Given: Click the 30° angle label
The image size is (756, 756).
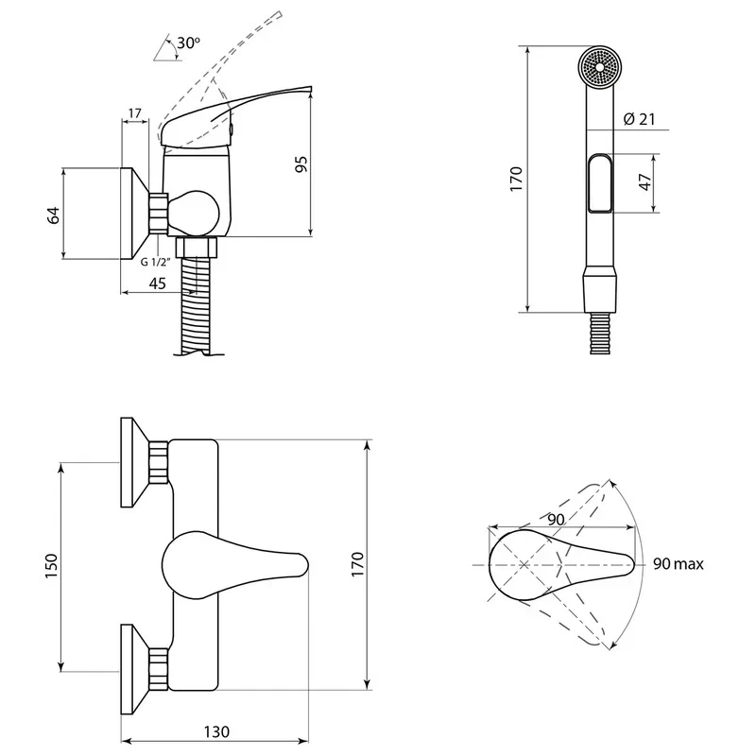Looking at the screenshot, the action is coord(188,43).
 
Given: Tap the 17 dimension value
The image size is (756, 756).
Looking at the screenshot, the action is coord(135,113).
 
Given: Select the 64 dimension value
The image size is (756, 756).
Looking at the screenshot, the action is coord(53,215).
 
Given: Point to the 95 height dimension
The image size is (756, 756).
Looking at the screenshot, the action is coord(301,164).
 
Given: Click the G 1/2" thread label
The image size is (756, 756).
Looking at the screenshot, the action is coord(156,263).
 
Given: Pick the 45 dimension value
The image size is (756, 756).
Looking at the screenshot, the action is coord(157,283).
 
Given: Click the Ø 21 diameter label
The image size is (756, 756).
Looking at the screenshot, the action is coord(640,119).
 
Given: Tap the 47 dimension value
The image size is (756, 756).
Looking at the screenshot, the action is coord(644,181).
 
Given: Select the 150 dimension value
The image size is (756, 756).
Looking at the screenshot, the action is coord(51,566).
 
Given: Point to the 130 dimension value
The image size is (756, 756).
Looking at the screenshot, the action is coord(216,731).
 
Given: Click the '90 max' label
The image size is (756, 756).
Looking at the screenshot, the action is coord(678,563).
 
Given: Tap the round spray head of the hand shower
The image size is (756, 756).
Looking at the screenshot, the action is coord(600,67).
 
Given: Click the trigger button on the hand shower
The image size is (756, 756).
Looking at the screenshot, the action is coord(600,182).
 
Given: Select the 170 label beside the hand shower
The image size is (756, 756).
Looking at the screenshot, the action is coord(516,179).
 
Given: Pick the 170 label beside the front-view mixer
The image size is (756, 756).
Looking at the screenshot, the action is coord(357,564).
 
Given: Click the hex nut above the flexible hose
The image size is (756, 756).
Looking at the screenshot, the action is coord(197,248).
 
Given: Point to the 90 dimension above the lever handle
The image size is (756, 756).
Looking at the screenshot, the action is coord(556,520).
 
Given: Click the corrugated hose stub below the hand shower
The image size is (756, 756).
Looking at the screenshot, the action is coord(600,334).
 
